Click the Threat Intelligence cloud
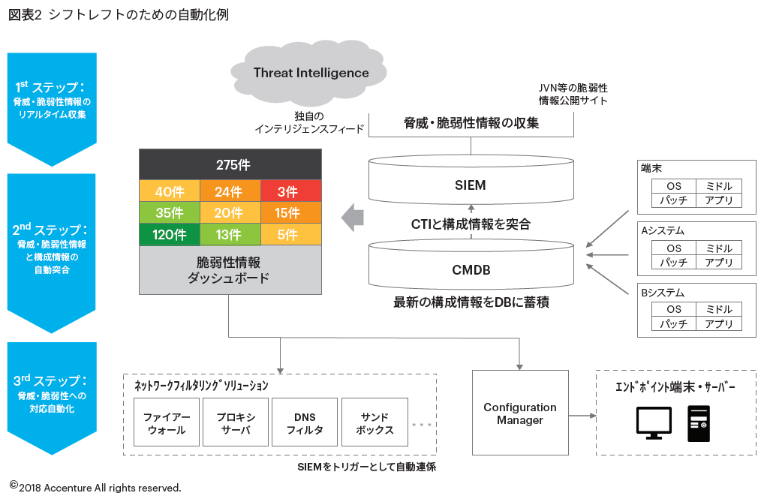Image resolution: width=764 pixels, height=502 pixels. [311, 73]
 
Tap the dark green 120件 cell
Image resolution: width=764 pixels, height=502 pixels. [170, 235]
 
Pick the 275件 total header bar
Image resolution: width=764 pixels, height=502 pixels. [230, 165]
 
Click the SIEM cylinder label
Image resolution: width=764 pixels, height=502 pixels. [471, 185]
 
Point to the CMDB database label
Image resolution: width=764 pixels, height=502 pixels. [471, 269]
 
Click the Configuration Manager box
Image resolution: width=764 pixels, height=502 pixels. [519, 413]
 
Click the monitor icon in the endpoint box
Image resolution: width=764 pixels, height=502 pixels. [654, 422]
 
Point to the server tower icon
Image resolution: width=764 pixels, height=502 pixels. [698, 422]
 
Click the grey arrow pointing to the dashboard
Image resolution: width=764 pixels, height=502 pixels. [353, 218]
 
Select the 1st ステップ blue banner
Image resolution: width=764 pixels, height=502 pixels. [52, 101]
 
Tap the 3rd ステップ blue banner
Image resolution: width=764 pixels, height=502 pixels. [52, 394]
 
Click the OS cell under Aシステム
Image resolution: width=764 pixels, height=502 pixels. [674, 248]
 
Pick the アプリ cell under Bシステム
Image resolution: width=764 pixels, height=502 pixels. [719, 324]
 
